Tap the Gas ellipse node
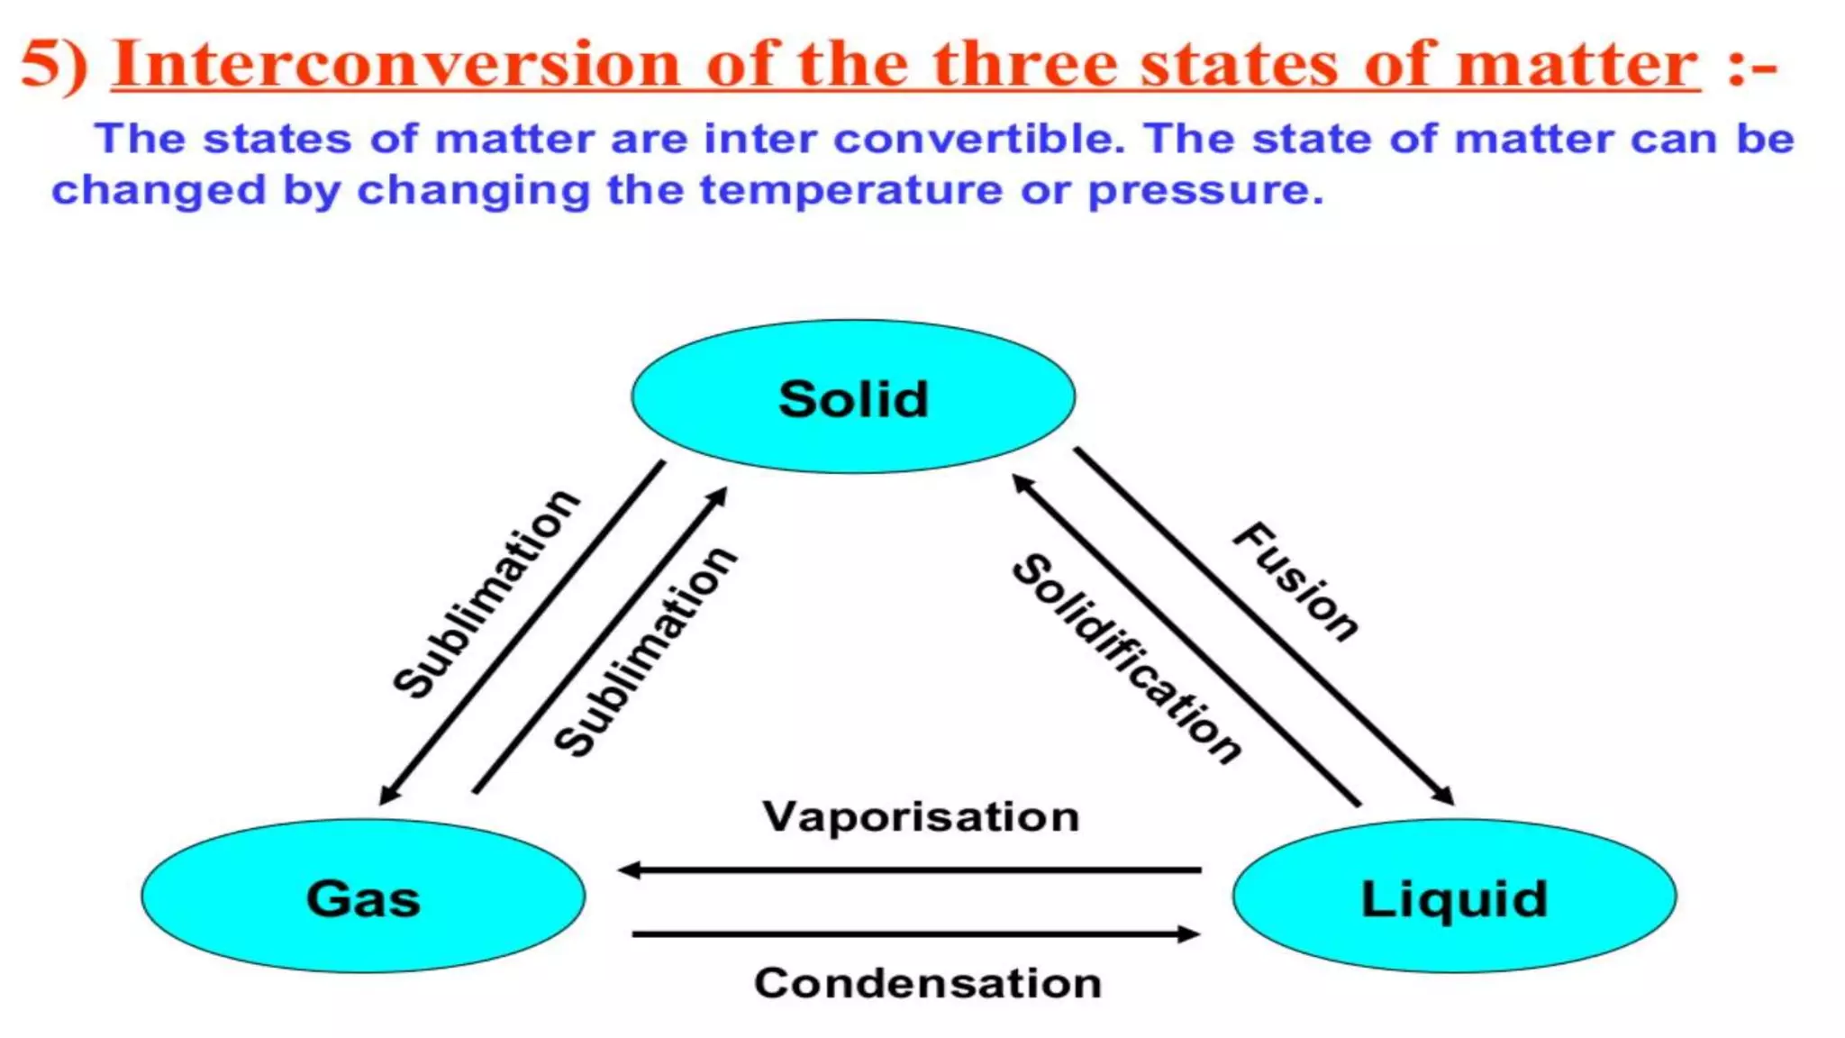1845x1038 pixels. pyautogui.click(x=363, y=897)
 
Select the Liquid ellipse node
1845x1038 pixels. pyautogui.click(x=1454, y=897)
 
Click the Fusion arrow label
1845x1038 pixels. pyautogui.click(x=1295, y=581)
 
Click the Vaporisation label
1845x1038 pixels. pyautogui.click(x=921, y=816)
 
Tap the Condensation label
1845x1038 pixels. pyautogui.click(x=928, y=982)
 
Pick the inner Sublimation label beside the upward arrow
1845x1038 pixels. pyautogui.click(x=645, y=651)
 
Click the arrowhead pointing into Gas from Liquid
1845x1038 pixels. pyautogui.click(x=628, y=870)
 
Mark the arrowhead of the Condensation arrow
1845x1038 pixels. pyautogui.click(x=1189, y=934)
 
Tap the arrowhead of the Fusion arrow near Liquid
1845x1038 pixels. pyautogui.click(x=1444, y=796)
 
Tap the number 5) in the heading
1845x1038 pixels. pyautogui.click(x=54, y=65)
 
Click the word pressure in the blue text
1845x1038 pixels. pyautogui.click(x=1205, y=191)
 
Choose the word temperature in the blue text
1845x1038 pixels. pyautogui.click(x=851, y=191)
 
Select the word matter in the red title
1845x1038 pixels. pyautogui.click(x=1577, y=65)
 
